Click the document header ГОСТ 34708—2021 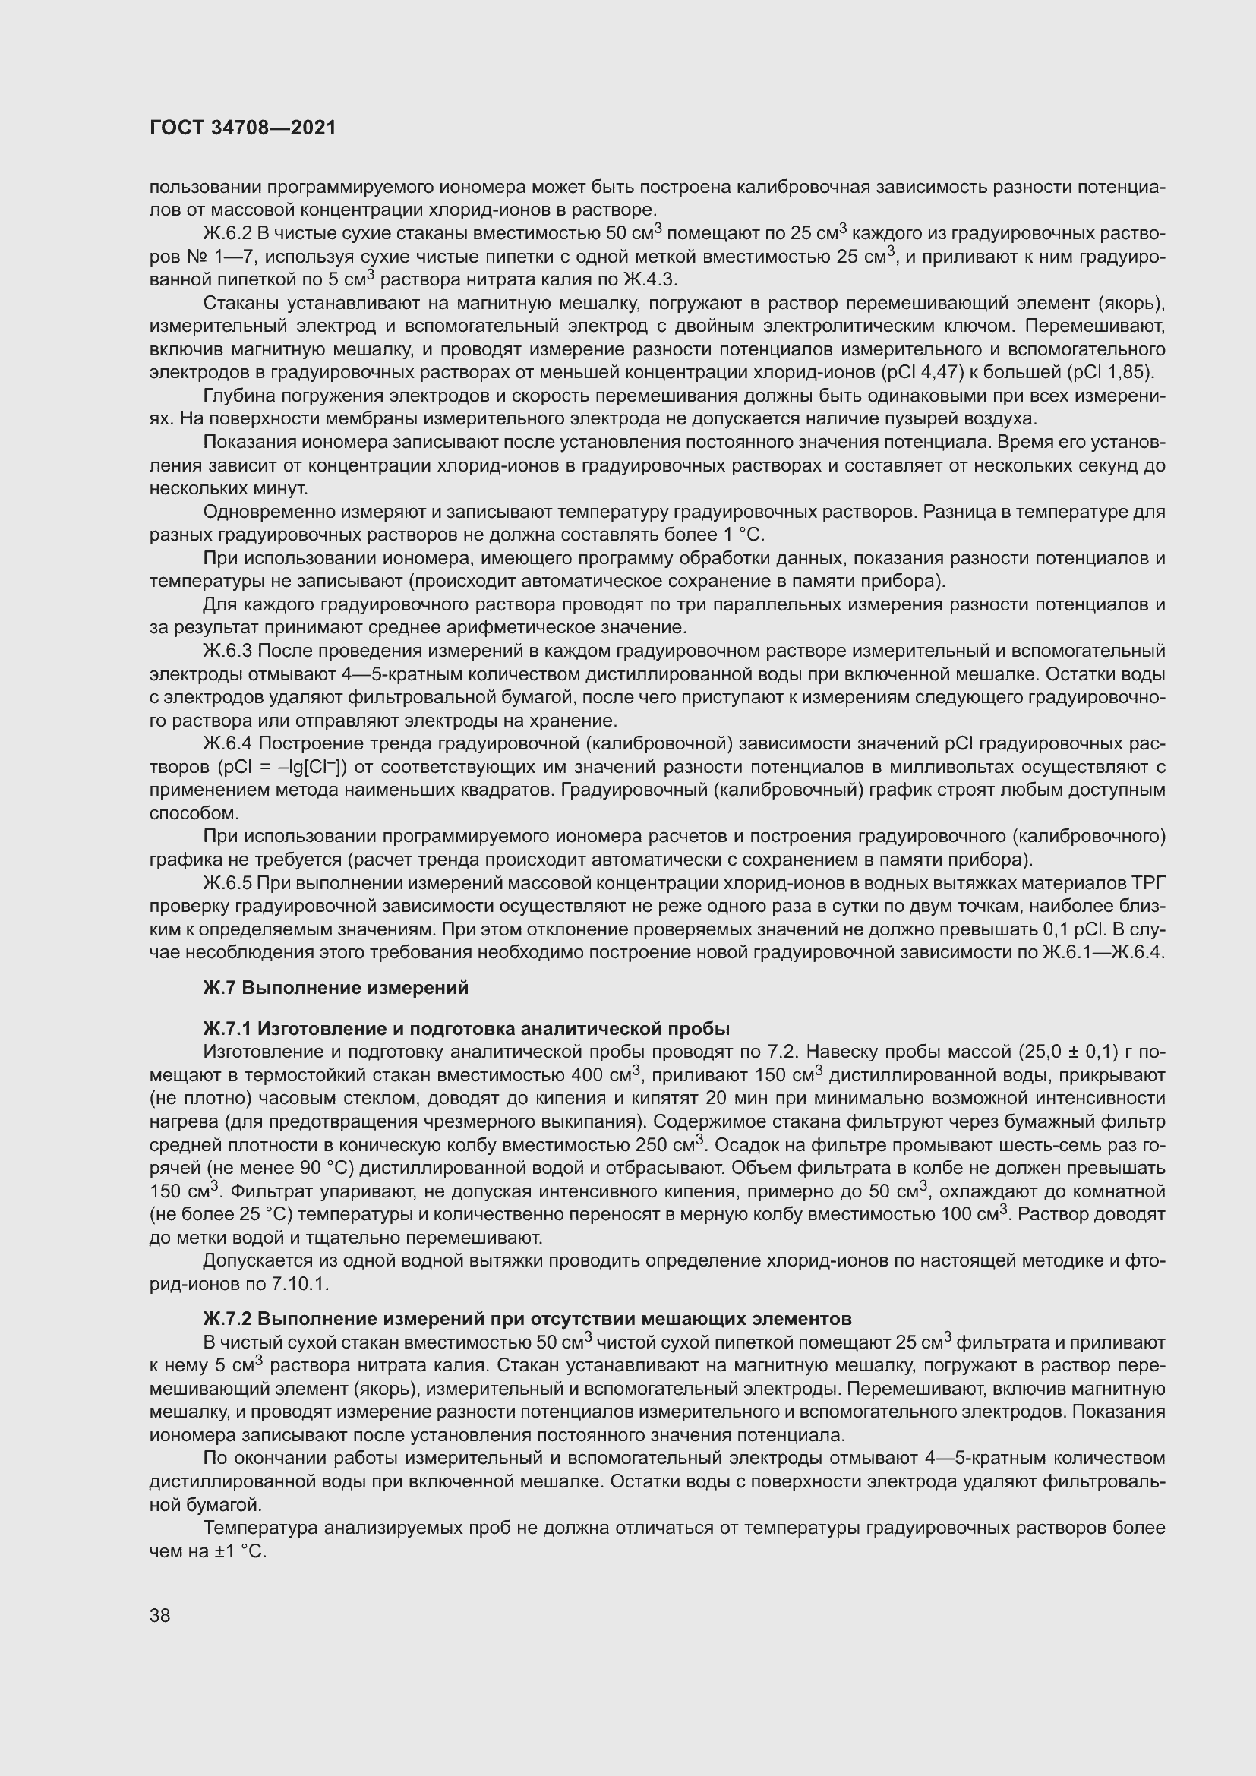[x=243, y=128]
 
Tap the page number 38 [x=160, y=1615]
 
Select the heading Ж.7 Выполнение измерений [x=336, y=988]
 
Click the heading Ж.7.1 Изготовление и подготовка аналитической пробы [x=466, y=1029]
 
